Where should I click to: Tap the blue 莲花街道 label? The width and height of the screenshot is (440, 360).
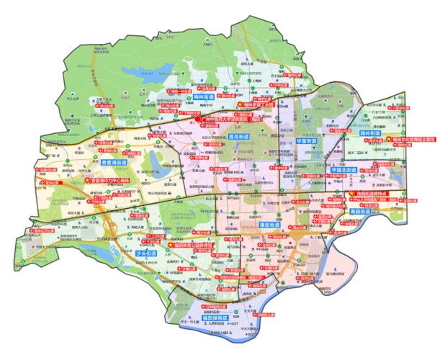[238, 136]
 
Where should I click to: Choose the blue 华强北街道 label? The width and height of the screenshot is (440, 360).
[343, 171]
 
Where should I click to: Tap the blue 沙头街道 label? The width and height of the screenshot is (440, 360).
[146, 254]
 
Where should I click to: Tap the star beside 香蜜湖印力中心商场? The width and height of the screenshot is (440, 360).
[87, 181]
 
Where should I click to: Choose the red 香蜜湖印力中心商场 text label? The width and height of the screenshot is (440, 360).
[114, 181]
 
